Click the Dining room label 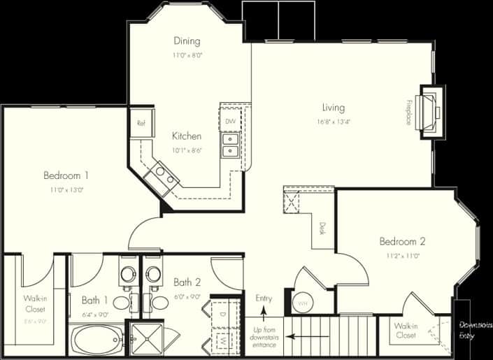tap(187, 41)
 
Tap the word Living tap(333, 108)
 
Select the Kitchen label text tap(187, 136)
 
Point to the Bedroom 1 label tap(66, 175)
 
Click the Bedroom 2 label tap(402, 242)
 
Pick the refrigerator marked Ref tap(141, 123)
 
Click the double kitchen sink tap(229, 145)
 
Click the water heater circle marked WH tap(302, 304)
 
